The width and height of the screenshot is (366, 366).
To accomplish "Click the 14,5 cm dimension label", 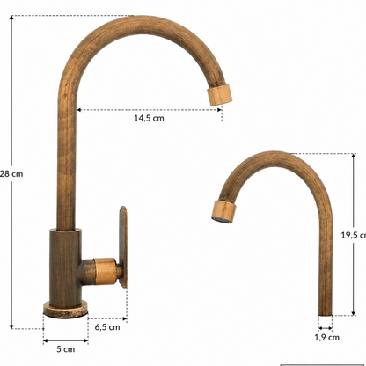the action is pos(149,118).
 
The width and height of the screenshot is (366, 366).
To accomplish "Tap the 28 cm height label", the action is pos(11,174).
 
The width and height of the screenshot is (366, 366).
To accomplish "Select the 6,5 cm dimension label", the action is pos(107,327).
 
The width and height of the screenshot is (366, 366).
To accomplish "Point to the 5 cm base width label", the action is pos(66,349).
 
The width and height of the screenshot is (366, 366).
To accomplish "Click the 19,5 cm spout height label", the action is pos(354,235).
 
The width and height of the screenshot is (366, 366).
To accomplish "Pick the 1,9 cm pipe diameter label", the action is pos(327,338).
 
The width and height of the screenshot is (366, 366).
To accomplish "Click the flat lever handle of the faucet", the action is pos(123,247).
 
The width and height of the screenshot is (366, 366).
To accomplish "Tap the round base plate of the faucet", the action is pos(66,309).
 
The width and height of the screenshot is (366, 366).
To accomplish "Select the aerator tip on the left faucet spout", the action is pos(220,93).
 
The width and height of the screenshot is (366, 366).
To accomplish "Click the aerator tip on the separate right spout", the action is pos(223,212).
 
